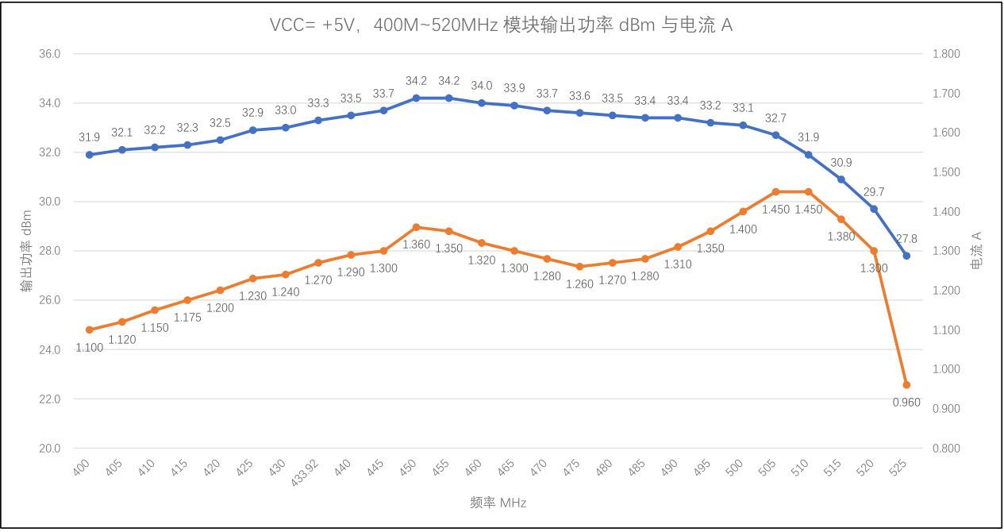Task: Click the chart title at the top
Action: [501, 25]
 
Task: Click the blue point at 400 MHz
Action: [89, 155]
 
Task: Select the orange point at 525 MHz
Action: [906, 385]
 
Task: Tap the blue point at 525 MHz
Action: [906, 256]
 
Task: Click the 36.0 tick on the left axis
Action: [49, 54]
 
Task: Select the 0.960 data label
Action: [906, 403]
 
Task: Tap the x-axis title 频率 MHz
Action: [498, 503]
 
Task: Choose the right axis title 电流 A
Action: [977, 251]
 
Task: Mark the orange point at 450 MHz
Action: [416, 227]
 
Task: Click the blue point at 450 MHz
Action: [416, 98]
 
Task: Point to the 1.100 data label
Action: [90, 348]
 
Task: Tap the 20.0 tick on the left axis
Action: [49, 449]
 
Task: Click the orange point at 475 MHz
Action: [579, 267]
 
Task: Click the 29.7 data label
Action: [873, 192]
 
